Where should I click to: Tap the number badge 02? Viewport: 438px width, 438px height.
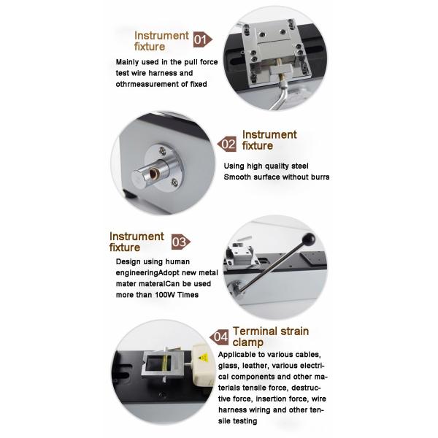click(228, 144)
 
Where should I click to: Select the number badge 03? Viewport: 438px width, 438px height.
click(180, 242)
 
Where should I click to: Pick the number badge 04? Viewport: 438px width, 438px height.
click(220, 337)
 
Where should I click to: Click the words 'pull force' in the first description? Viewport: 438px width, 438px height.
click(197, 63)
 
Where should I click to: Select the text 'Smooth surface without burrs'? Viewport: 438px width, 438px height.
click(276, 177)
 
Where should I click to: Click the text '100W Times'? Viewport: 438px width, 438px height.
click(174, 294)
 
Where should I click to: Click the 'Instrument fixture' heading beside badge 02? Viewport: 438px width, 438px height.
click(269, 140)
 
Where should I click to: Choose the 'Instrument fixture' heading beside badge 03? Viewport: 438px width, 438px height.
click(137, 242)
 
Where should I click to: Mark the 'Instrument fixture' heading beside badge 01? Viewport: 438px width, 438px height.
click(161, 40)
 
